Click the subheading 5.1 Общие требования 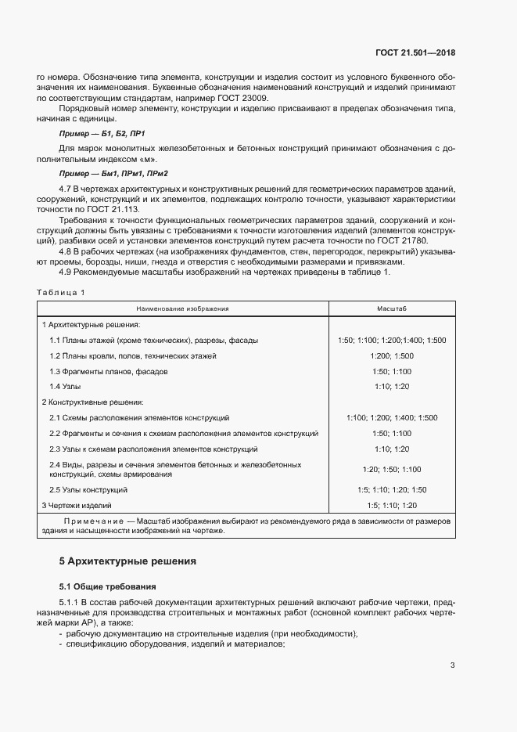tap(108, 586)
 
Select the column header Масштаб tap(392, 308)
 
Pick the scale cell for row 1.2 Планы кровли tap(392, 355)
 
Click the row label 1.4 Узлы tap(65, 386)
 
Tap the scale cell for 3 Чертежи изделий tap(392, 505)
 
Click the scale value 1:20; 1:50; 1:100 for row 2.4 tap(392, 469)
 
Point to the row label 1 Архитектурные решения tap(91, 324)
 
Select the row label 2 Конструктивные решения tap(92, 402)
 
